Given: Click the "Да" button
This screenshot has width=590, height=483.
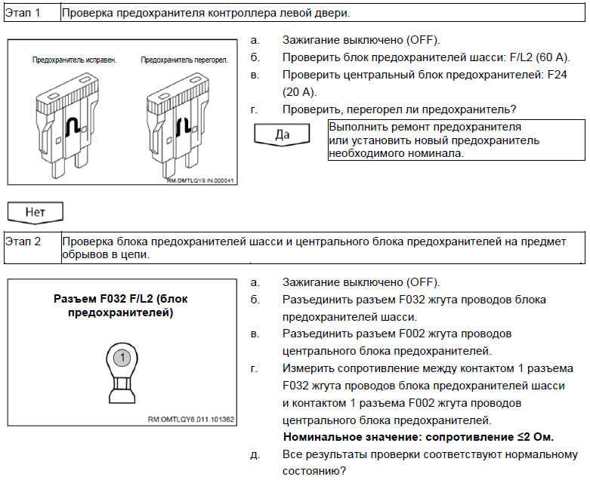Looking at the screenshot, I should pos(283,136).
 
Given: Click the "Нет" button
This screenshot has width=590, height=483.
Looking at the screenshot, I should pos(35,212).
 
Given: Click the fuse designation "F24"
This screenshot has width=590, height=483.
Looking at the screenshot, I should pos(558,75).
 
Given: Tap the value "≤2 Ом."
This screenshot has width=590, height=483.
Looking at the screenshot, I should pos(532,437).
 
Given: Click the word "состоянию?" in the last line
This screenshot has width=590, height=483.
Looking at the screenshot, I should pos(314,471).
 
